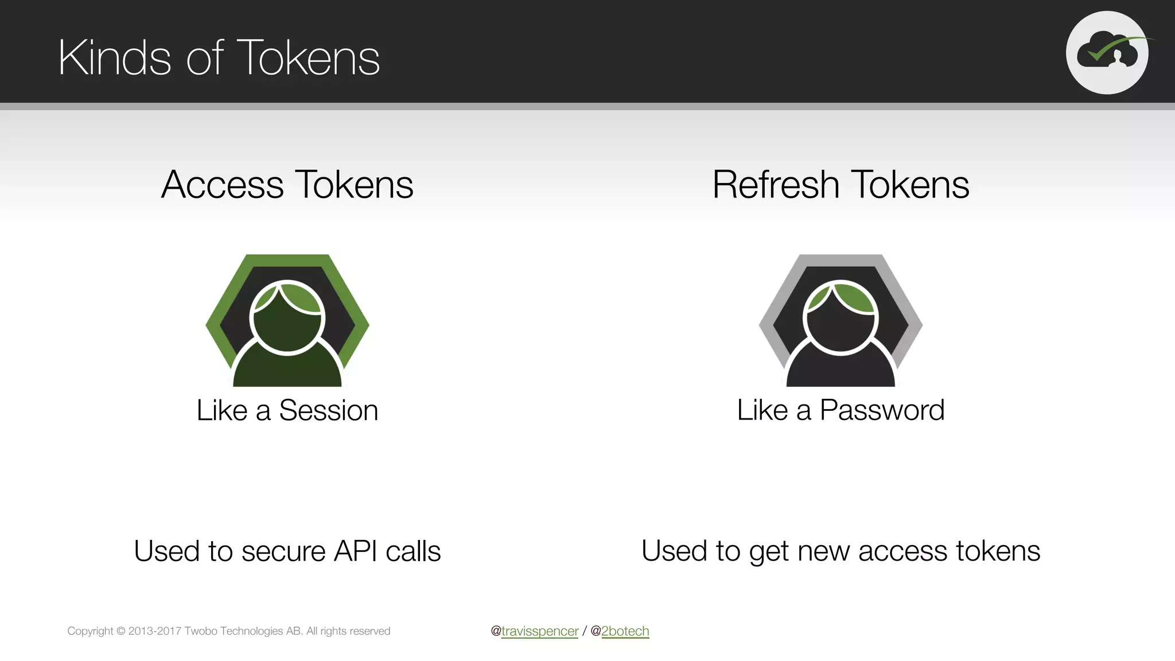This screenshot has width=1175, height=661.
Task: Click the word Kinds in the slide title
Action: pyautogui.click(x=114, y=57)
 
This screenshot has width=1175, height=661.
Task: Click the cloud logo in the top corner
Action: pyautogui.click(x=1107, y=52)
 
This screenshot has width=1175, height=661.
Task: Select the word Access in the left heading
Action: pyautogui.click(x=223, y=185)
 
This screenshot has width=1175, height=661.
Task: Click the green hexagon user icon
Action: pyautogui.click(x=287, y=320)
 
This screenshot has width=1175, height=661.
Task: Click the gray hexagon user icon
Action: pyautogui.click(x=841, y=320)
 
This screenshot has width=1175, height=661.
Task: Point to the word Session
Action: pyautogui.click(x=328, y=410)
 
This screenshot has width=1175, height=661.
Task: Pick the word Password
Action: pyautogui.click(x=882, y=410)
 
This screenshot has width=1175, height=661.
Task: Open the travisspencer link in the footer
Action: pyautogui.click(x=539, y=631)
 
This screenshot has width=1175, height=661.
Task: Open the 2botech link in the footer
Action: pyautogui.click(x=625, y=631)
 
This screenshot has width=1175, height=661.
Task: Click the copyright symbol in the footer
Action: pyautogui.click(x=120, y=631)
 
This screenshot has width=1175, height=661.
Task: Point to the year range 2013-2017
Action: pyautogui.click(x=155, y=631)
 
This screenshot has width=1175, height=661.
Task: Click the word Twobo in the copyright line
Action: pyautogui.click(x=200, y=631)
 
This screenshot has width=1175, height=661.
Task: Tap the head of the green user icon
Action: pyautogui.click(x=287, y=317)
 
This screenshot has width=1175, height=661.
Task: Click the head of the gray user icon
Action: pyautogui.click(x=841, y=317)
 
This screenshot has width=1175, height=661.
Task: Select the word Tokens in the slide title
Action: pyautogui.click(x=308, y=57)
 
